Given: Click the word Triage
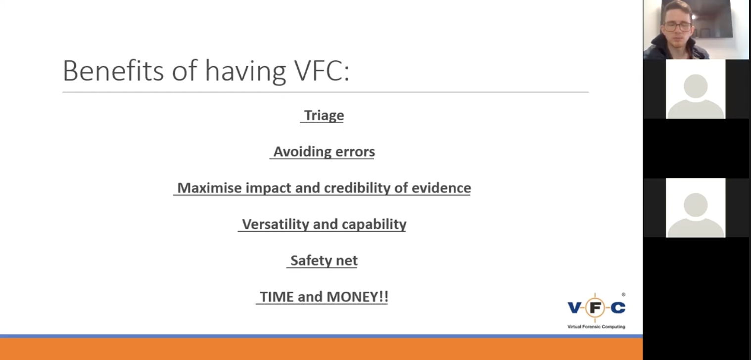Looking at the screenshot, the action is pos(324,116).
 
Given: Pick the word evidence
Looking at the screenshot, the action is pos(441,188).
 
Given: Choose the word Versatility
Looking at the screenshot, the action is pos(276,224).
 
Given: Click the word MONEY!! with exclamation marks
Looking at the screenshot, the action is pos(357,297).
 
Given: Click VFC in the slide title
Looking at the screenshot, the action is pos(322,71).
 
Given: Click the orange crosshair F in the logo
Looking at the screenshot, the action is pos(595,308).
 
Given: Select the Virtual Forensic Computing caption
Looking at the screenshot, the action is pos(596,326).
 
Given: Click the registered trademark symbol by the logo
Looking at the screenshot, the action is pos(623,294).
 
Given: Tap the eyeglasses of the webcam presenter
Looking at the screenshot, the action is pos(677,27).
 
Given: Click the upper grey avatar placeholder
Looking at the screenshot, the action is pos(696,89).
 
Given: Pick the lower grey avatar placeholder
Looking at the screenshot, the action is pos(696,208).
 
